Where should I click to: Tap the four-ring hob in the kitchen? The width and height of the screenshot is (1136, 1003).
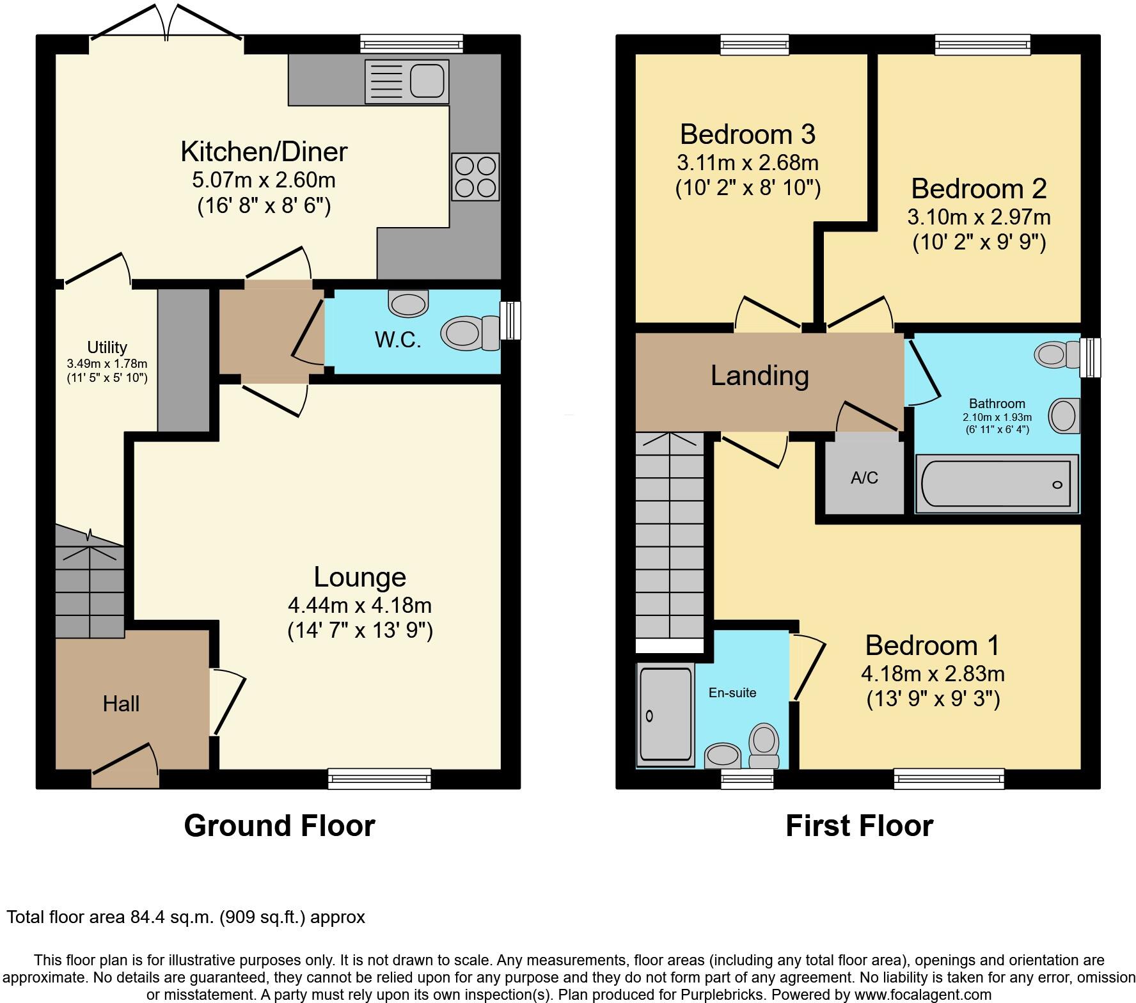(475, 177)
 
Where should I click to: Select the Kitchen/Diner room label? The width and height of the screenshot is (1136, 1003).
(264, 152)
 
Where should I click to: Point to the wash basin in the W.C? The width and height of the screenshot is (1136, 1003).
(409, 303)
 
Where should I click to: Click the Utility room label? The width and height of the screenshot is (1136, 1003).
(107, 347)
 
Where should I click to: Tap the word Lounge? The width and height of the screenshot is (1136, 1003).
(359, 577)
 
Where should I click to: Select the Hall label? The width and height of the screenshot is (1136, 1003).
(121, 704)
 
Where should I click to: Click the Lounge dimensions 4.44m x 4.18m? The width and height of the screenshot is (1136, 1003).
(360, 604)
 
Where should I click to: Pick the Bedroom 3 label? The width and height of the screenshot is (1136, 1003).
(748, 134)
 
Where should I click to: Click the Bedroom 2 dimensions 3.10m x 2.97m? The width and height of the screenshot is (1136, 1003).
(979, 217)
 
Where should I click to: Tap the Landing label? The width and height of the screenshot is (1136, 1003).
(760, 375)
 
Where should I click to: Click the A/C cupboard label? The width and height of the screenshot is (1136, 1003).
(864, 478)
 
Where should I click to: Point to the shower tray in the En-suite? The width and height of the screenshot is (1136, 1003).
(666, 715)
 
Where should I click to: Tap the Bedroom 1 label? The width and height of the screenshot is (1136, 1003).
(932, 645)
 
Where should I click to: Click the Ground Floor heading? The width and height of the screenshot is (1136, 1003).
(280, 826)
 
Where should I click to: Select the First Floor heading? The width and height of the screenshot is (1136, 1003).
(859, 826)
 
